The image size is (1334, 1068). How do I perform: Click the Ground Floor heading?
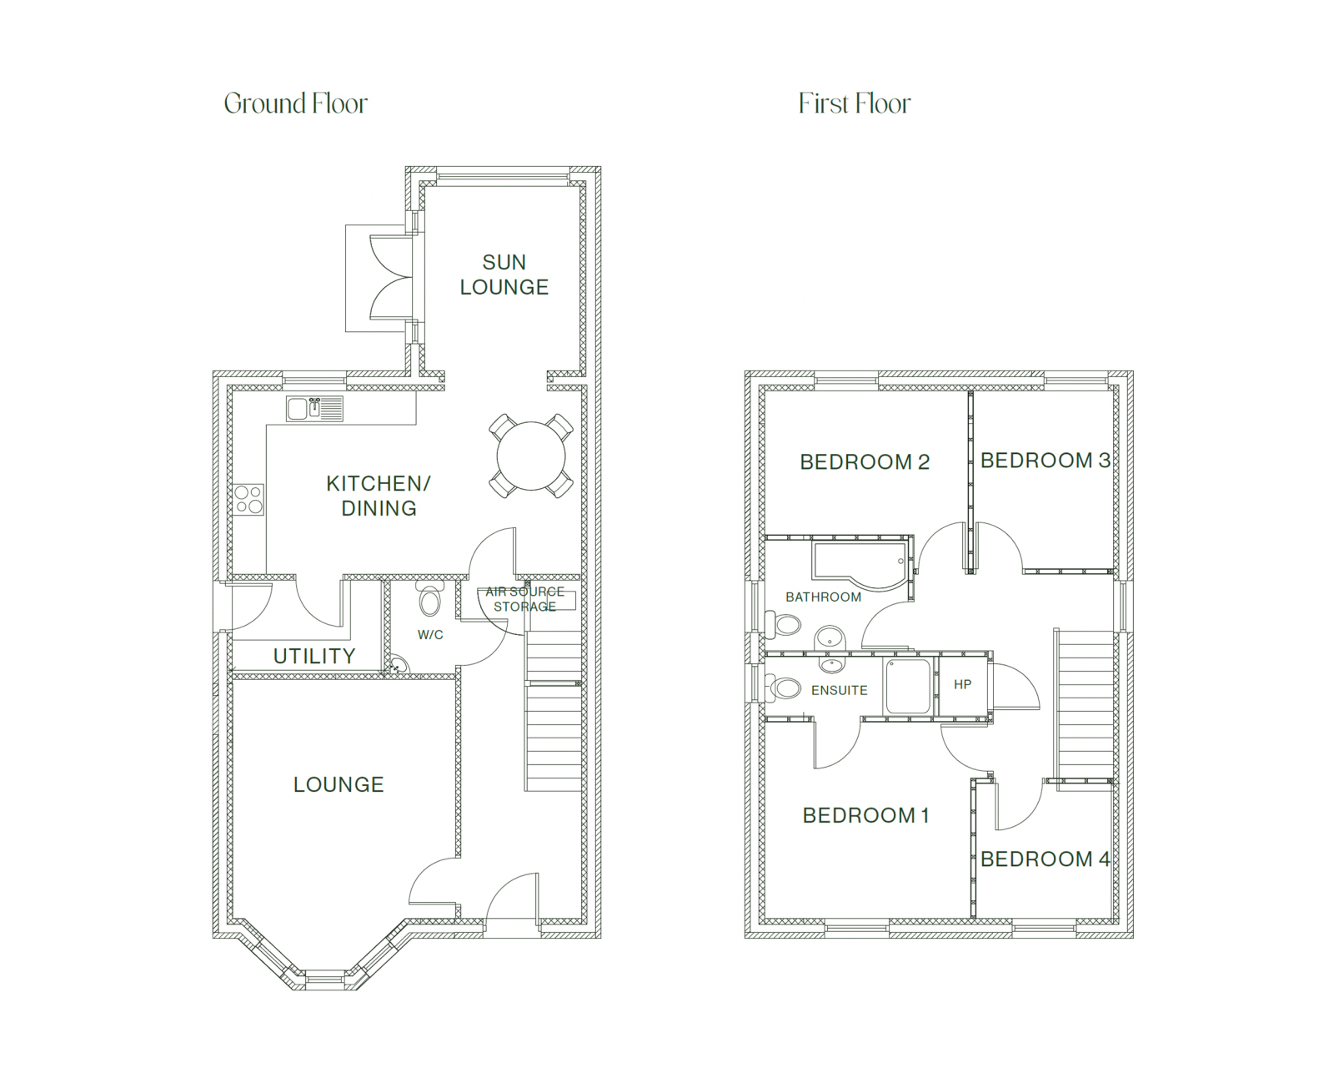click(x=296, y=103)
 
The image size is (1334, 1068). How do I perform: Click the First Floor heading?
click(x=855, y=103)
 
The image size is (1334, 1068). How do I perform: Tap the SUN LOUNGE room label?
click(x=504, y=275)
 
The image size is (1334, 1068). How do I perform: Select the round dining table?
click(x=531, y=456)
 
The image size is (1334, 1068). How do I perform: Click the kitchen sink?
click(x=314, y=409)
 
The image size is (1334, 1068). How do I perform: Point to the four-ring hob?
click(x=249, y=500)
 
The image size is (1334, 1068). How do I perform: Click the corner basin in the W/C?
click(x=398, y=664)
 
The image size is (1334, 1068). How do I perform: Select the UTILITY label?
click(x=314, y=656)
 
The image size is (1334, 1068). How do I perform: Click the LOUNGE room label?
click(x=339, y=784)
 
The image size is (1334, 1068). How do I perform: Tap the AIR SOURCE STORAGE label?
click(x=525, y=599)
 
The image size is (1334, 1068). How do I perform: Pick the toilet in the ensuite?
click(x=782, y=688)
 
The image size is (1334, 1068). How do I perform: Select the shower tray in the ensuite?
click(x=908, y=687)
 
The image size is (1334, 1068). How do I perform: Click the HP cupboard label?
click(x=962, y=684)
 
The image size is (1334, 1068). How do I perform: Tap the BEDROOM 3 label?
click(x=1046, y=461)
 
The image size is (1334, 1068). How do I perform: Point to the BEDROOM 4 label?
click(x=1046, y=859)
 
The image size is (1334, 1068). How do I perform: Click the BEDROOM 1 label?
click(x=866, y=815)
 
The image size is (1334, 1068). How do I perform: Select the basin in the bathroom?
click(x=830, y=637)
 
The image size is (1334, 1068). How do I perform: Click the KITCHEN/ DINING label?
click(x=379, y=496)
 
